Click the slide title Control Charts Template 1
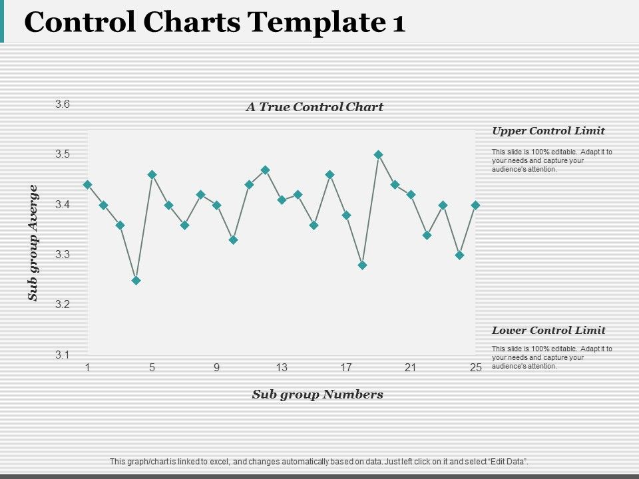click(x=214, y=23)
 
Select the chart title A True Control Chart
click(x=314, y=106)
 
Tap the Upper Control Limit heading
click(x=548, y=130)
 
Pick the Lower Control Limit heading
click(x=548, y=330)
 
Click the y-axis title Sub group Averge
click(x=33, y=243)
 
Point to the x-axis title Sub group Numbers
click(x=318, y=394)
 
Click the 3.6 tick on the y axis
click(x=63, y=104)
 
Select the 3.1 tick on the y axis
click(x=63, y=355)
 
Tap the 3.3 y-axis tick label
click(x=63, y=254)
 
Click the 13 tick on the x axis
click(x=282, y=367)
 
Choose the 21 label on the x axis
click(x=411, y=367)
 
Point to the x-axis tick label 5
click(x=152, y=367)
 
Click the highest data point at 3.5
click(x=379, y=154)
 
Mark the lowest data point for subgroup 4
click(x=136, y=280)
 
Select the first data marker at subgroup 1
click(x=87, y=184)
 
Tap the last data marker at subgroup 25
click(x=475, y=205)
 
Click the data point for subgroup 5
click(x=152, y=174)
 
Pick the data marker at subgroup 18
click(x=362, y=265)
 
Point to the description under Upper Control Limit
click(x=552, y=160)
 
